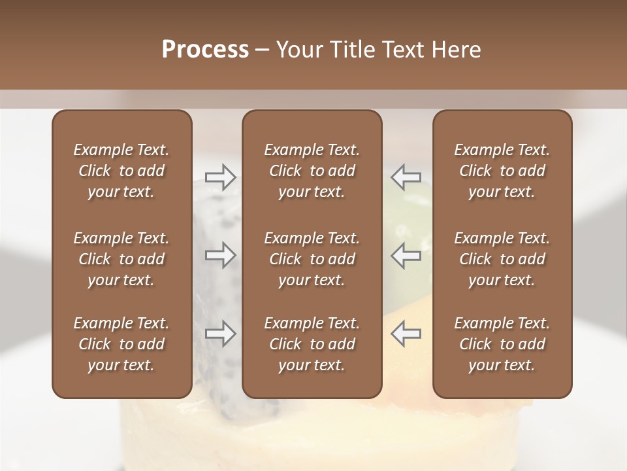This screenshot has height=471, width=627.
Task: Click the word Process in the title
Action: (205, 50)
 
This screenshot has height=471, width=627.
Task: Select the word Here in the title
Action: (455, 50)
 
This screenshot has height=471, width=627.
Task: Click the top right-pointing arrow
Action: (220, 177)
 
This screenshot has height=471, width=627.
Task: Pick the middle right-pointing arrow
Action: (220, 255)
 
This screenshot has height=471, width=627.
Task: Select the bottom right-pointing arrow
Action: (220, 334)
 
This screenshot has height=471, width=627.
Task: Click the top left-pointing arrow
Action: (406, 177)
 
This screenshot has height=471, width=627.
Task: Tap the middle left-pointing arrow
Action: (406, 255)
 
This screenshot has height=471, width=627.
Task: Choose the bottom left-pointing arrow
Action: (406, 334)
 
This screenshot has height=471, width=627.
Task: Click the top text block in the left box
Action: (121, 171)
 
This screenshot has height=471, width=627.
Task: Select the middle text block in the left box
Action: (121, 259)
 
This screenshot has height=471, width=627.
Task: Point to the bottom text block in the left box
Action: (121, 344)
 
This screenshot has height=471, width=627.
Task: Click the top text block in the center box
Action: (312, 171)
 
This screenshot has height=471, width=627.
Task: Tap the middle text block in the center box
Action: (312, 259)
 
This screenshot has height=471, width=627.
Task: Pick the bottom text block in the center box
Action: (312, 344)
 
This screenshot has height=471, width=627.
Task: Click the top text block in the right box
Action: (502, 171)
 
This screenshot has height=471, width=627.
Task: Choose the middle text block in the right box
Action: (502, 259)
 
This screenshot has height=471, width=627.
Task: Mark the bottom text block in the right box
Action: (502, 344)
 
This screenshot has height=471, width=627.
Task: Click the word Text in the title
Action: (400, 50)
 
